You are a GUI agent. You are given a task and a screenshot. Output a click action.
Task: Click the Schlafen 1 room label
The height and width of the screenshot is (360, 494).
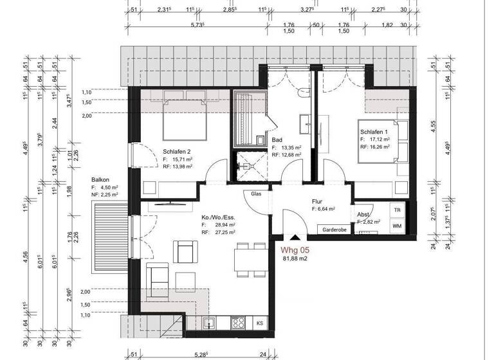374,131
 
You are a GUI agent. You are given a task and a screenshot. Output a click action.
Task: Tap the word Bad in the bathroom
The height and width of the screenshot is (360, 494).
278,139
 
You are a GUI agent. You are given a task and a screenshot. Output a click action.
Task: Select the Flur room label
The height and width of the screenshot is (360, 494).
316,201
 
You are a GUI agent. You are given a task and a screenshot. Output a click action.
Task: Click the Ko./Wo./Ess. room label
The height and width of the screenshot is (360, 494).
215,218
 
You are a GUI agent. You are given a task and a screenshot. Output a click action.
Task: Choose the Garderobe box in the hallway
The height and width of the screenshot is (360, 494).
334,229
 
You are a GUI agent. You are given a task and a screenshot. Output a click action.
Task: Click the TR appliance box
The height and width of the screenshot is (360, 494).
397,211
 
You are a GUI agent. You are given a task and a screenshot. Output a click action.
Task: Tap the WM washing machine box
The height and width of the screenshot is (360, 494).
397,226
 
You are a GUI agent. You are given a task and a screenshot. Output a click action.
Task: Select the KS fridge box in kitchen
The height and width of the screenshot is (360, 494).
260,323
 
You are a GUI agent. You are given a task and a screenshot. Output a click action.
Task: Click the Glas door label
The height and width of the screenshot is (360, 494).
256,194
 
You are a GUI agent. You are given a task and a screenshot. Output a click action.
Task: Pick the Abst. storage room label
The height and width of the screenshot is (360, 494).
363,215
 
